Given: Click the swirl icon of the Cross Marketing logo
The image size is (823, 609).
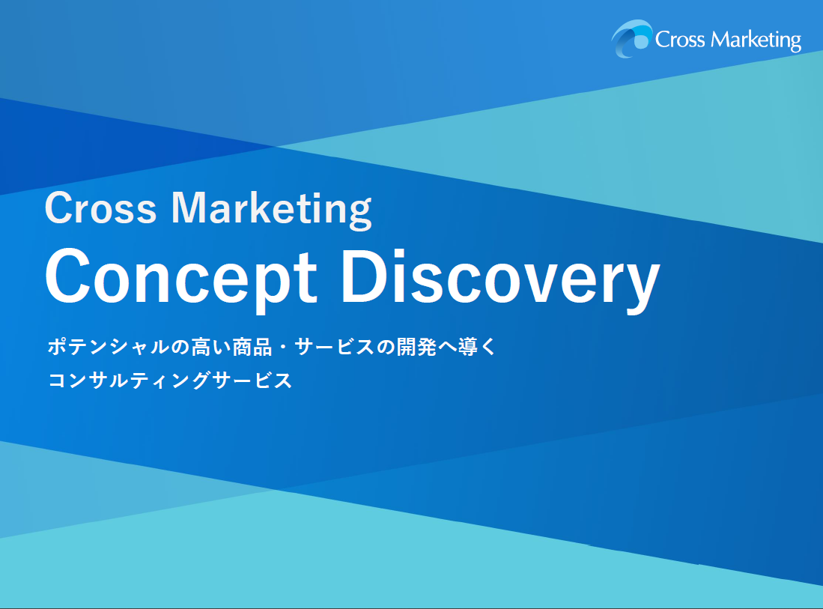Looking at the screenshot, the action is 631,38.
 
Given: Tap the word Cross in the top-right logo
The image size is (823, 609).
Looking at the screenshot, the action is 680,40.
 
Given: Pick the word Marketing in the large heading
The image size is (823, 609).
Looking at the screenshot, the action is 272,210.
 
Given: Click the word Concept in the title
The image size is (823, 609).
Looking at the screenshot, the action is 181,279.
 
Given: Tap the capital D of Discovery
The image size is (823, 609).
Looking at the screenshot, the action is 364,276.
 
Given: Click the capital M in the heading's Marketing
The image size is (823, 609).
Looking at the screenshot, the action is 192,207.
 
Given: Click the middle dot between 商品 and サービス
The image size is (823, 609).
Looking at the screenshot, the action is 283,348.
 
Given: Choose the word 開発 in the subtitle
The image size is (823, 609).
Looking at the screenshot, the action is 416,347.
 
